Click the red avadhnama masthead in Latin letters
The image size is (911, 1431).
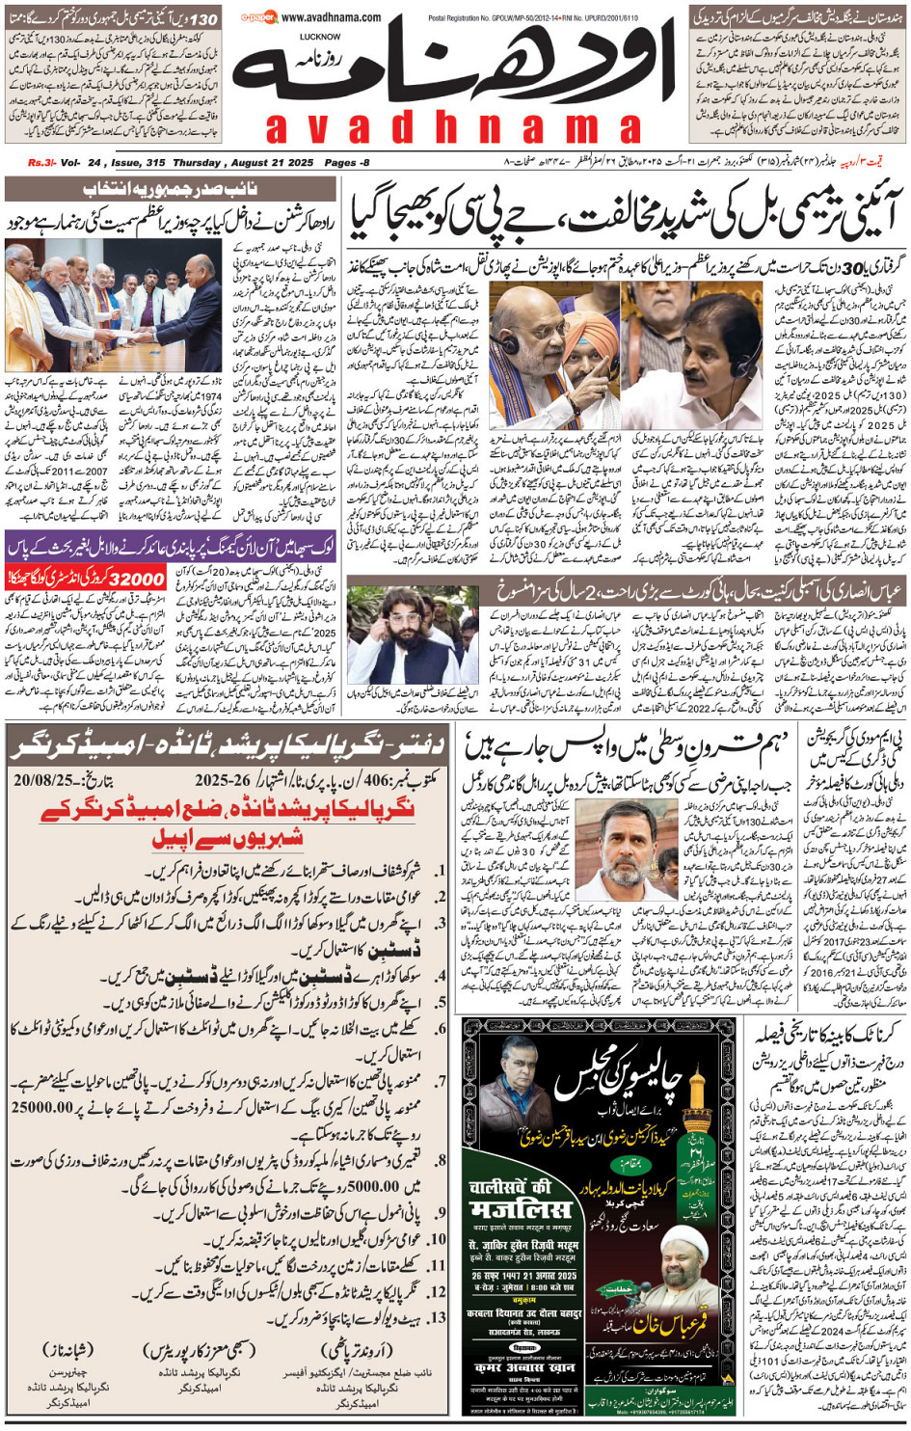[453, 127]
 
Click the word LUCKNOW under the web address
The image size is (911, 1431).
[320, 37]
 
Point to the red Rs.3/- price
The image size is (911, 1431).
[41, 163]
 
